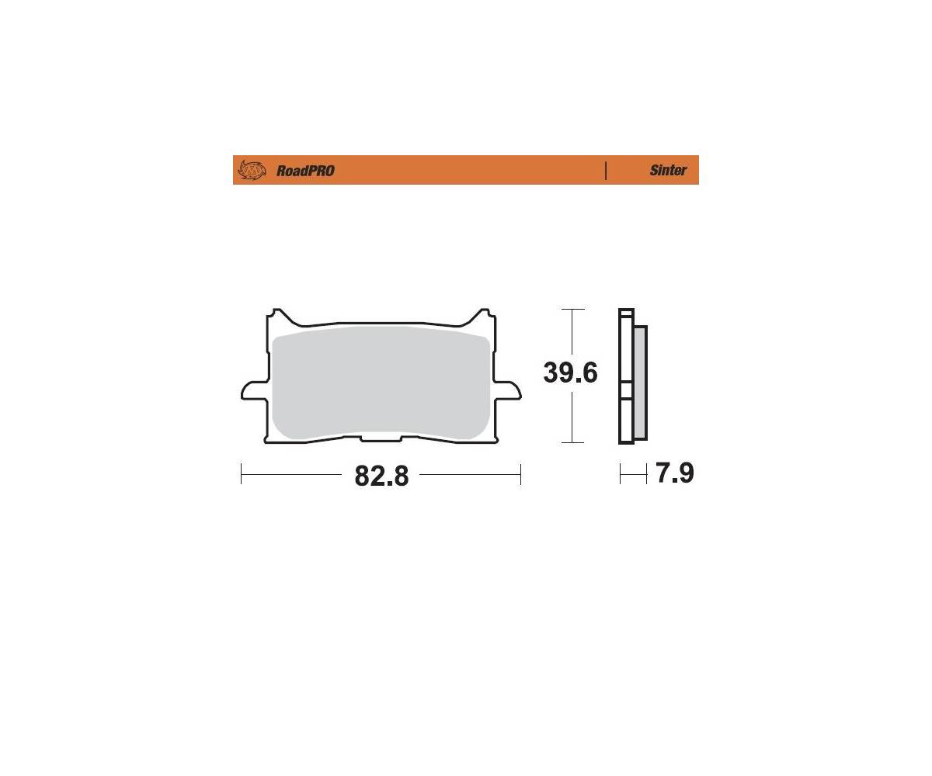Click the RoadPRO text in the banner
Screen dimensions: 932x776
[305, 171]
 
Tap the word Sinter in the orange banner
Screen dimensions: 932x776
[668, 170]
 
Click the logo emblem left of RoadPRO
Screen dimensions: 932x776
[252, 170]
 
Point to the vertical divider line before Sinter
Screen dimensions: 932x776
[606, 171]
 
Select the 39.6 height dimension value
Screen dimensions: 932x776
[570, 372]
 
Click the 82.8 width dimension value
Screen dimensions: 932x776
[381, 476]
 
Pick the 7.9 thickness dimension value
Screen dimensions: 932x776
[674, 473]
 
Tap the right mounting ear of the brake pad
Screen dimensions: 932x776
[506, 390]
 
